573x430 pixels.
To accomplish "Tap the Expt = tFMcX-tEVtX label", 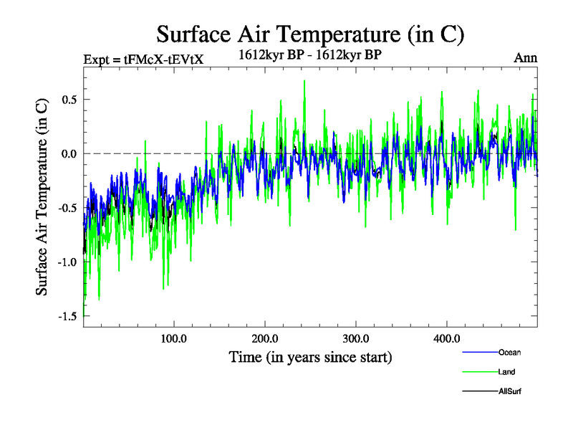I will pos(144,59).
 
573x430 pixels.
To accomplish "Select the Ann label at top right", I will pos(526,58).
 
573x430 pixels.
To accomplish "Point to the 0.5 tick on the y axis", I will pos(69,99).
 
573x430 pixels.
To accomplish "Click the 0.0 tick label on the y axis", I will pos(69,153).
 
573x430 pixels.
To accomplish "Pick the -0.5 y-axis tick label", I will pos(67,208).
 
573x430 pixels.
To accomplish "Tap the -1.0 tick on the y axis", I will pos(67,262).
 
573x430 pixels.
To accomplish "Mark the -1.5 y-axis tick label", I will pos(67,316).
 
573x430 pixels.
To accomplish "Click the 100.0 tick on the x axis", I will pos(174,338).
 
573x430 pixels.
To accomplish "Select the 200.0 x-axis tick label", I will pos(265,338).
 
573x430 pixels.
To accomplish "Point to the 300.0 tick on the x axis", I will pos(356,338).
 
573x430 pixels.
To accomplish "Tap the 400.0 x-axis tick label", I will pos(447,338).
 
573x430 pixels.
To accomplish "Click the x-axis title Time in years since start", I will pos(310,356).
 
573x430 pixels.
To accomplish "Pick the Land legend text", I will pos(506,372).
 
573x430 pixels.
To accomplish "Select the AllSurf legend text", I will pos(509,391).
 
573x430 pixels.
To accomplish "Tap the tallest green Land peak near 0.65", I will pos(304,81).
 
